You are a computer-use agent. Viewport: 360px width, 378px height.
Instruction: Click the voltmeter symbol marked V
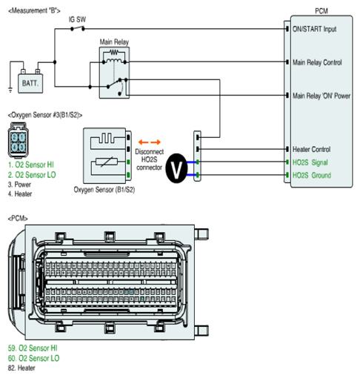click(x=176, y=168)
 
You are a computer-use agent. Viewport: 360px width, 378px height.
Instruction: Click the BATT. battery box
click(x=30, y=83)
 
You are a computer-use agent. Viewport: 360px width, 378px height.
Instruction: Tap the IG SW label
click(x=77, y=19)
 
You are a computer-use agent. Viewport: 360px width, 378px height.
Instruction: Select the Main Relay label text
click(x=114, y=42)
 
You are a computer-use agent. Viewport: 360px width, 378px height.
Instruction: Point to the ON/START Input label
click(x=314, y=29)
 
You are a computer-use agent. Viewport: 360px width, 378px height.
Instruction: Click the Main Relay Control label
click(x=317, y=62)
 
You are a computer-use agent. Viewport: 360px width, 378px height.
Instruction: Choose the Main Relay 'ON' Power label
click(x=321, y=96)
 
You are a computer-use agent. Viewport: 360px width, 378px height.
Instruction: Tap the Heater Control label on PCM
click(x=311, y=149)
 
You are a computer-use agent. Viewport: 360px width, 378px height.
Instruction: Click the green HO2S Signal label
click(x=310, y=162)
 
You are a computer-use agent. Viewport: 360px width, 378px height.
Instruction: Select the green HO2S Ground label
click(x=312, y=175)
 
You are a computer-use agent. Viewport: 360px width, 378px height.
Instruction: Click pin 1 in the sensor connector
click(x=22, y=137)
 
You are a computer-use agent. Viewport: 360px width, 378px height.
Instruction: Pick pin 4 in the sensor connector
click(x=15, y=147)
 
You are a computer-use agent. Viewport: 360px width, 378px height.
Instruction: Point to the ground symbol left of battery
click(x=10, y=90)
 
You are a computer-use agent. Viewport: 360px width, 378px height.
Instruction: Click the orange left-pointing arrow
click(x=143, y=142)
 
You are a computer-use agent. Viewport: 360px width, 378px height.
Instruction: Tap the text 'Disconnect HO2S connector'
click(x=149, y=159)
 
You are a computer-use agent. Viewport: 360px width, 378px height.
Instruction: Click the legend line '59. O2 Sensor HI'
click(x=33, y=348)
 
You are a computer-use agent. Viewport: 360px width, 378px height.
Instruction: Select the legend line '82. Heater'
click(x=21, y=368)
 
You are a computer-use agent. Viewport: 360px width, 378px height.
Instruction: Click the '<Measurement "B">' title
click(x=34, y=11)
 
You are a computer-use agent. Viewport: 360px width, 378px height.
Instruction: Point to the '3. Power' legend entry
click(x=19, y=185)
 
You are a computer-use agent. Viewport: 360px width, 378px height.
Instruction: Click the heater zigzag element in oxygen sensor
click(x=108, y=139)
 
